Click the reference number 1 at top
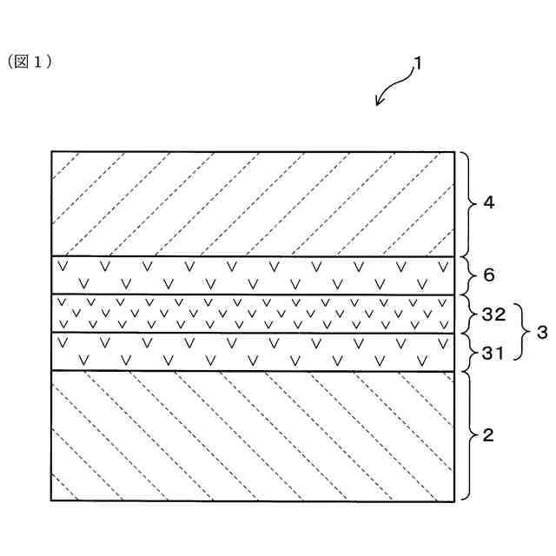(418, 63)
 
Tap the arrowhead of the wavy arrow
(379, 103)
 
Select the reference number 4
(488, 203)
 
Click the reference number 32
(493, 314)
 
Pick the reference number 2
(488, 434)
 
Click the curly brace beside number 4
(466, 203)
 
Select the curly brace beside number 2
(466, 434)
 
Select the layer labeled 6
(252, 275)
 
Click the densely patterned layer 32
(252, 314)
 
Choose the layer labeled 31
(252, 351)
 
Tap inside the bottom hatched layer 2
(252, 434)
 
